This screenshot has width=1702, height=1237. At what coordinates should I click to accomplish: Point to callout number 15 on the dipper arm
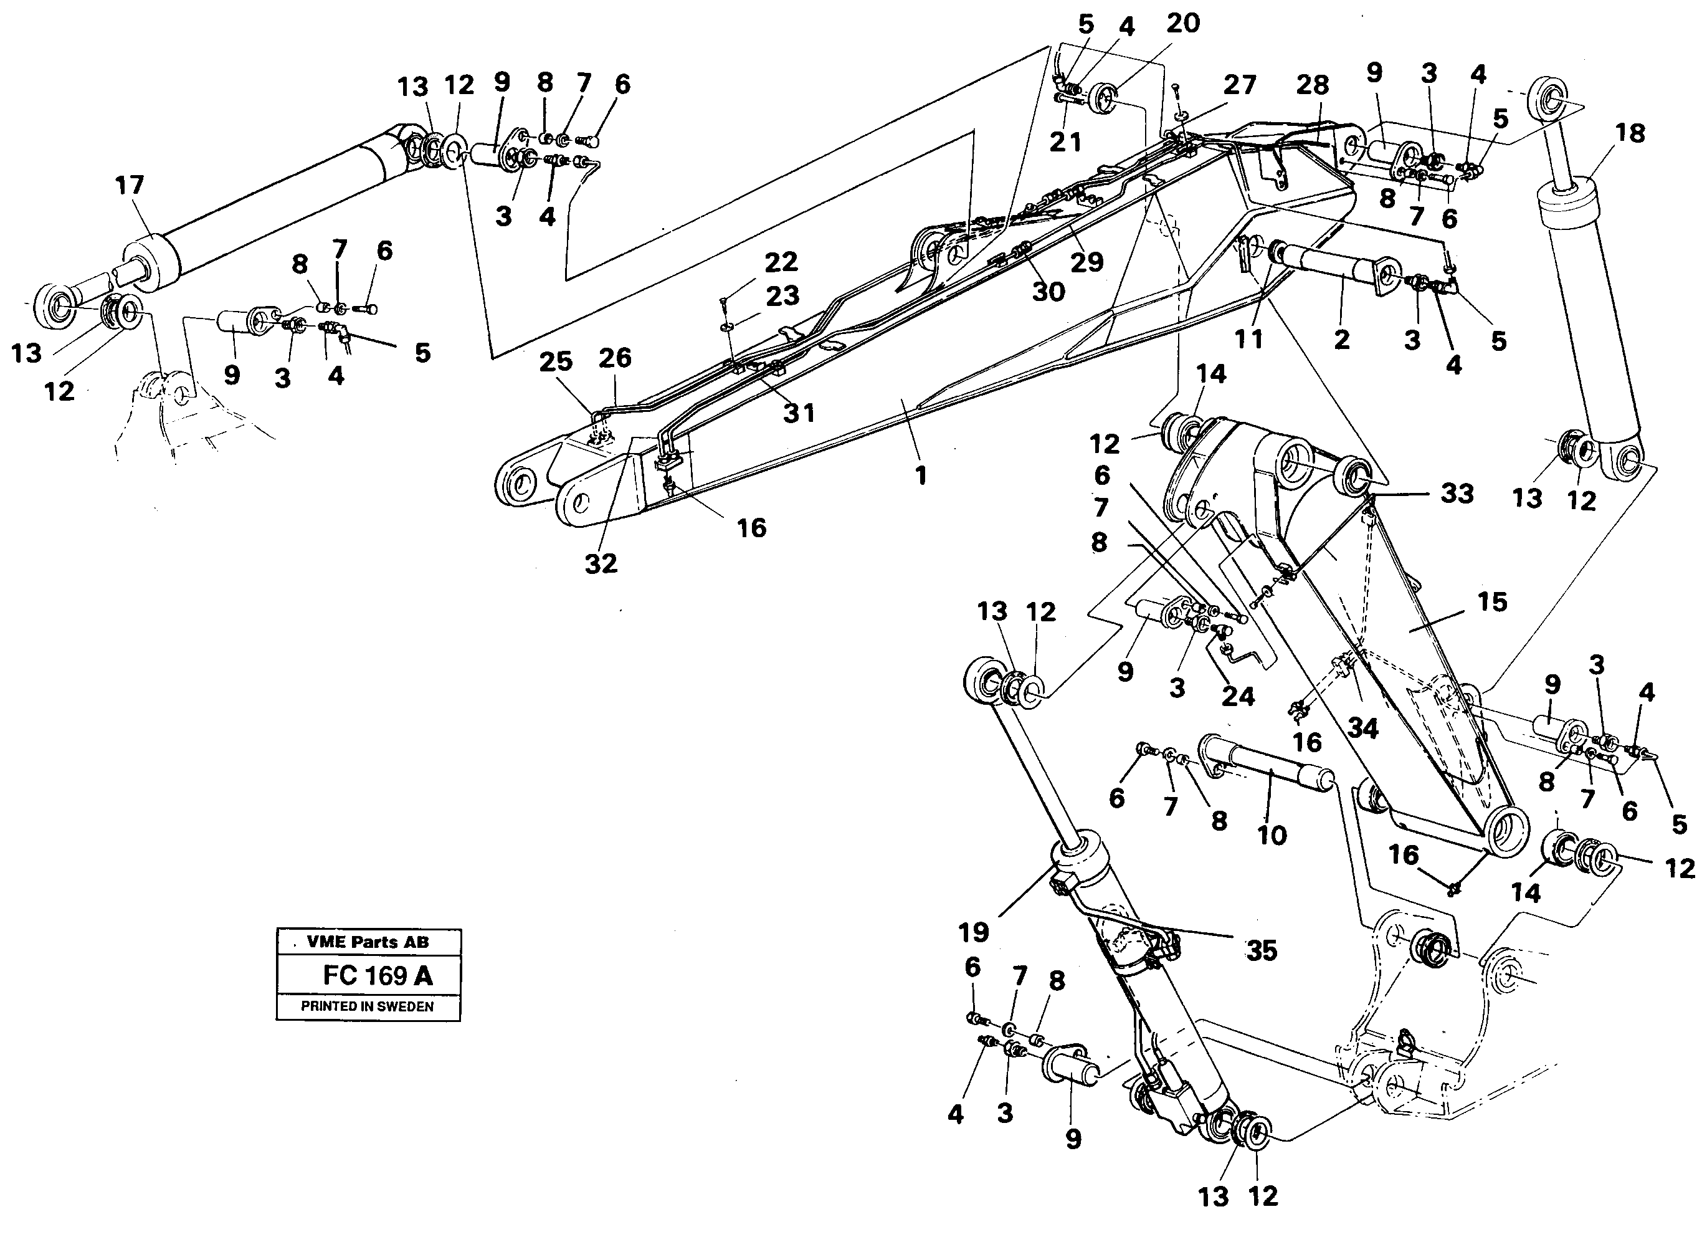[1492, 602]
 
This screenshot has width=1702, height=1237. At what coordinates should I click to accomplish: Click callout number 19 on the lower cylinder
[973, 932]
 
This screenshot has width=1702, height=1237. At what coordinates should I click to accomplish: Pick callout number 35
[1262, 951]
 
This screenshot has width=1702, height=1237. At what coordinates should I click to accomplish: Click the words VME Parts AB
[368, 942]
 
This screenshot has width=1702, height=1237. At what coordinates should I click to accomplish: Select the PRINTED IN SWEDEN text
[367, 1006]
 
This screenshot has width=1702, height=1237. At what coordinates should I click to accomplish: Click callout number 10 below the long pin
[1272, 834]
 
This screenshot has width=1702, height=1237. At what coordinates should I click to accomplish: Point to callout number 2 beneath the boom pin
[1342, 339]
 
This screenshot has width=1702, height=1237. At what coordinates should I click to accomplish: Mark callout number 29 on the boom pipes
[1086, 261]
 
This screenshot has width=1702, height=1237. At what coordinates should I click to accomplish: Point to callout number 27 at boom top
[1239, 85]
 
